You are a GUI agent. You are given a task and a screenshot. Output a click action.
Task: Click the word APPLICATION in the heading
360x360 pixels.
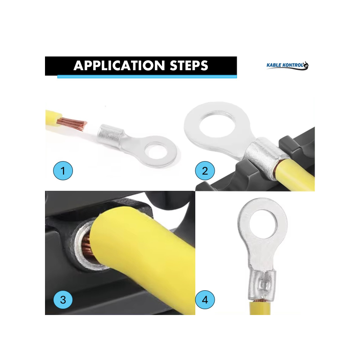click(119, 66)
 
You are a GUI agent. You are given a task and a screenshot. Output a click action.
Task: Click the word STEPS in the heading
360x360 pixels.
click(189, 66)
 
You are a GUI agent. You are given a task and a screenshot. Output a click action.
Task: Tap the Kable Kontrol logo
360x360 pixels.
click(288, 65)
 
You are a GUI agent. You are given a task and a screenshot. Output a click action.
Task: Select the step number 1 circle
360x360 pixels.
click(63, 171)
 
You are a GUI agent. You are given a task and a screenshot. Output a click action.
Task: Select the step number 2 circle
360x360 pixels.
click(205, 171)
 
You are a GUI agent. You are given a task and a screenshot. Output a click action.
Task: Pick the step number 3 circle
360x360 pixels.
click(63, 300)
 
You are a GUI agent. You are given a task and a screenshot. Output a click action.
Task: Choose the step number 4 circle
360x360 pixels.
click(205, 300)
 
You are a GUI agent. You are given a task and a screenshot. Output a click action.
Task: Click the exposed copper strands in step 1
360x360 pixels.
click(72, 124)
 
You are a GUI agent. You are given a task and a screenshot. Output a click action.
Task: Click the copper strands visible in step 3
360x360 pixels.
click(87, 245)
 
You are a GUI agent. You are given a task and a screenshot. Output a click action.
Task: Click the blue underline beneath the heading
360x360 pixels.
click(147, 76)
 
